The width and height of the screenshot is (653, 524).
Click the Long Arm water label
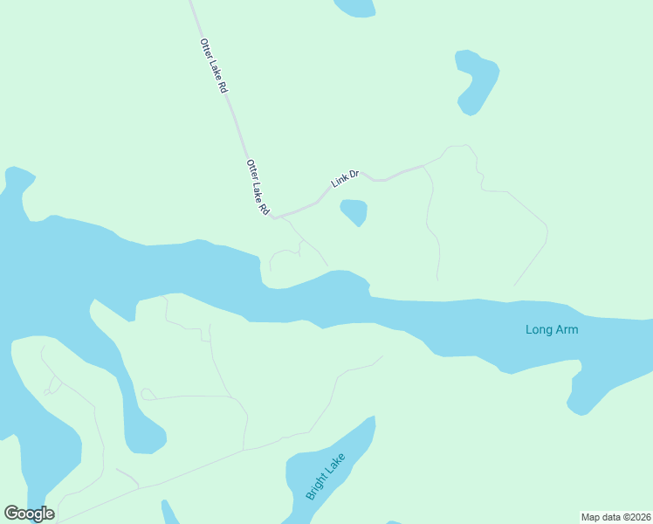click(552, 329)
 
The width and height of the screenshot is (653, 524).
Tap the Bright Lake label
click(326, 477)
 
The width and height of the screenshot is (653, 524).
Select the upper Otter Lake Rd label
click(214, 66)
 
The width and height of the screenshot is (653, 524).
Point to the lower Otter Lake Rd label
click(258, 189)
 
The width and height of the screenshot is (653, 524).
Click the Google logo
click(29, 514)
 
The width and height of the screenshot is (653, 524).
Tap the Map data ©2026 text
click(615, 517)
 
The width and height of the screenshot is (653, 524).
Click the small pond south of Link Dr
click(354, 211)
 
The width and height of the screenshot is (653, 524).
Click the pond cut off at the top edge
click(354, 7)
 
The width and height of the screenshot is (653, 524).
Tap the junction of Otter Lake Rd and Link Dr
click(277, 217)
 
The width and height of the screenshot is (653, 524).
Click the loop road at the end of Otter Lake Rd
click(285, 256)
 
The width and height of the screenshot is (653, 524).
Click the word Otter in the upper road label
click(206, 49)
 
